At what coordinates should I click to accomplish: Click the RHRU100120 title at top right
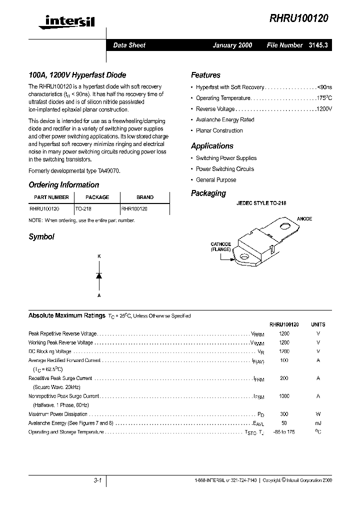tap(298, 18)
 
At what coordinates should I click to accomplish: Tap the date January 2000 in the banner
tap(232, 45)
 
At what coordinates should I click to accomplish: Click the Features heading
tap(205, 75)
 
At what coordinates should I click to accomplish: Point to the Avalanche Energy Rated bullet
tap(225, 120)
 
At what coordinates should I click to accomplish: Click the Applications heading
tap(212, 146)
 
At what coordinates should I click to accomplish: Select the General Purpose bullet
tap(216, 180)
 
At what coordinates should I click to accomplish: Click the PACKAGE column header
tap(97, 197)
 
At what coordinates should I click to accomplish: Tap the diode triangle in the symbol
tap(99, 275)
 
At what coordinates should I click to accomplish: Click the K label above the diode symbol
tap(99, 256)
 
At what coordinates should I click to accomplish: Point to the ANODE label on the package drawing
tap(304, 219)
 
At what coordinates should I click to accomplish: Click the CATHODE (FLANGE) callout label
tap(220, 246)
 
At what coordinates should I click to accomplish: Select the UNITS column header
tap(318, 324)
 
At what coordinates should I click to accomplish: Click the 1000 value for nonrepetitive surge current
tap(284, 396)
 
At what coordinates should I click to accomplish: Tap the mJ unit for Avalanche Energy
tap(318, 423)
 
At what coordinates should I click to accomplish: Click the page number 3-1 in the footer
tap(97, 480)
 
